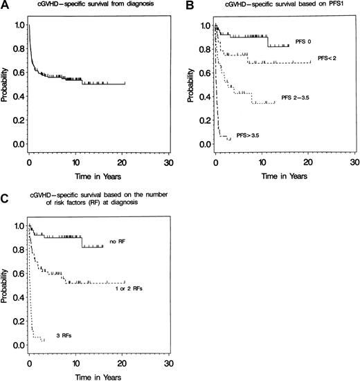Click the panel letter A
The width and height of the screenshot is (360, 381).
5,5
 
